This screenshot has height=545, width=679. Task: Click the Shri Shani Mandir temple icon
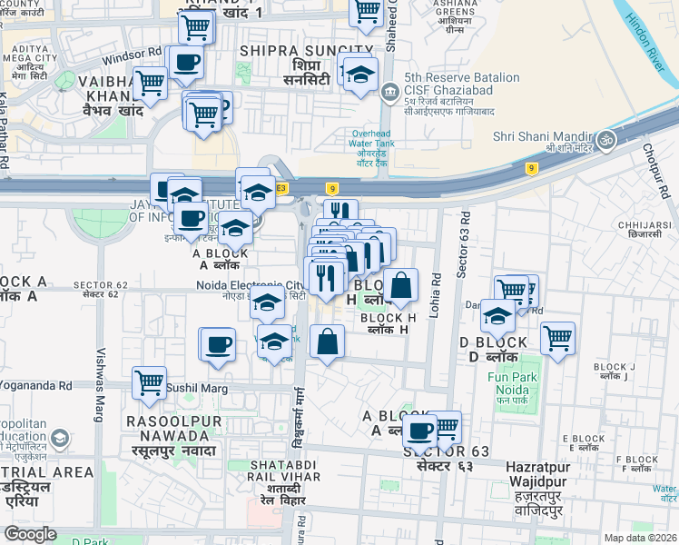pyautogui.click(x=605, y=140)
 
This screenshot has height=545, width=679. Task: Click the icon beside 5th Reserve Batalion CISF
pyautogui.click(x=390, y=91)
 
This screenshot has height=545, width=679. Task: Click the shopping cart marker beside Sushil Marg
pyautogui.click(x=149, y=382)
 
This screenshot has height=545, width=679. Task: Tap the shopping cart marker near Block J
pyautogui.click(x=557, y=339)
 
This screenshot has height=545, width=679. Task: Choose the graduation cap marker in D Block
pyautogui.click(x=497, y=316)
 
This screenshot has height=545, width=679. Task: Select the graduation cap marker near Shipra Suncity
pyautogui.click(x=360, y=74)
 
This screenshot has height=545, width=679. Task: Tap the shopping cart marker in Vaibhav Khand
pyautogui.click(x=150, y=84)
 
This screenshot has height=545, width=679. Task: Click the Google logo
pyautogui.click(x=31, y=534)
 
